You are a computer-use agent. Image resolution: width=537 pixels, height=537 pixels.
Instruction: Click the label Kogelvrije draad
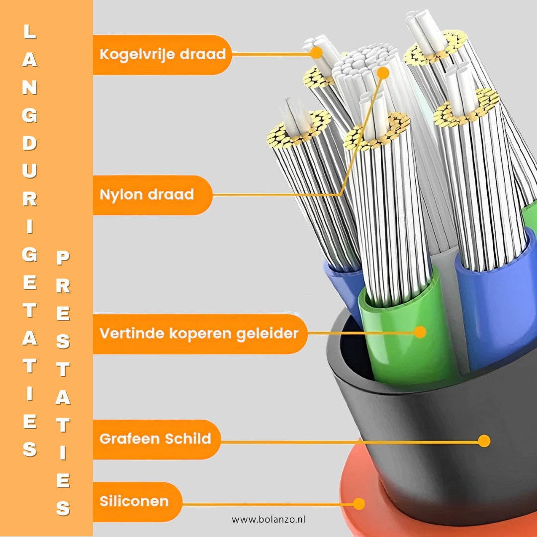162,54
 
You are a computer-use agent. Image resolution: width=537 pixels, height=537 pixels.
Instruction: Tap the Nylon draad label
147,194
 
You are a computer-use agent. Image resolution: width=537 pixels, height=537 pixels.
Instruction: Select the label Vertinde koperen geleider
199,333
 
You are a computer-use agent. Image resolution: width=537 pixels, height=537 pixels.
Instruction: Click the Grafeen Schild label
155,439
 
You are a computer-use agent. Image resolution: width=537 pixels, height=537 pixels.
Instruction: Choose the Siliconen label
134,501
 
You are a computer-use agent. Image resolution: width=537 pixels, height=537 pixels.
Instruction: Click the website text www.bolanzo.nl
268,520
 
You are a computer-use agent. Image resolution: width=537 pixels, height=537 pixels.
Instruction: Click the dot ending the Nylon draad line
382,73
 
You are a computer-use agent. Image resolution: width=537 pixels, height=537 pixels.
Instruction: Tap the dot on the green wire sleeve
420,332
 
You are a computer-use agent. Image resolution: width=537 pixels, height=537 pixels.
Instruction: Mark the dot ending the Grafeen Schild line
484,441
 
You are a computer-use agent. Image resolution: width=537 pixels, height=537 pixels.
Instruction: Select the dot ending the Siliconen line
359,504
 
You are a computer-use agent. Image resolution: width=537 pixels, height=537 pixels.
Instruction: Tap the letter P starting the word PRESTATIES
63,258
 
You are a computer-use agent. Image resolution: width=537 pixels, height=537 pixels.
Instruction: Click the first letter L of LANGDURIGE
30,33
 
